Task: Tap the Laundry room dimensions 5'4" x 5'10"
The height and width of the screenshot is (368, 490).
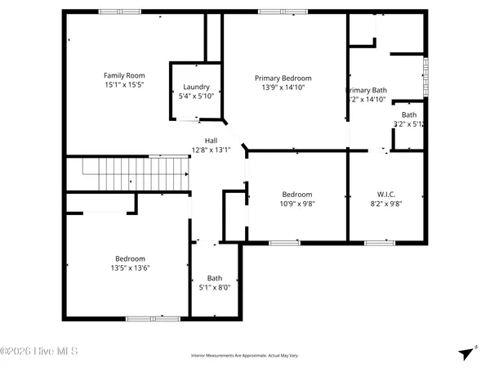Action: (196, 96)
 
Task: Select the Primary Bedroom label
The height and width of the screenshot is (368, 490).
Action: (283, 79)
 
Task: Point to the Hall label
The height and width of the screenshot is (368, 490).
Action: (211, 141)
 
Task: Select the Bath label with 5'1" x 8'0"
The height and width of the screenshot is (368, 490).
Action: (214, 278)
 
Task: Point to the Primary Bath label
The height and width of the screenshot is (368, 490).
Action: (367, 90)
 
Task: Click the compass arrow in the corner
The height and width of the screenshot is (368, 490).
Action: (466, 352)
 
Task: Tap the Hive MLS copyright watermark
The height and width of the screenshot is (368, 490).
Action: (39, 352)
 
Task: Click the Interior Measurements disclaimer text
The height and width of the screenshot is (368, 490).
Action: (244, 356)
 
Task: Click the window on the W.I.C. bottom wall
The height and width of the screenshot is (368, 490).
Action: (379, 242)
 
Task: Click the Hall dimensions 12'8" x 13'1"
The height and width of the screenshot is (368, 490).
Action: (211, 150)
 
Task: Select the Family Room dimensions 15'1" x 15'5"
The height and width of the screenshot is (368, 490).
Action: (123, 84)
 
